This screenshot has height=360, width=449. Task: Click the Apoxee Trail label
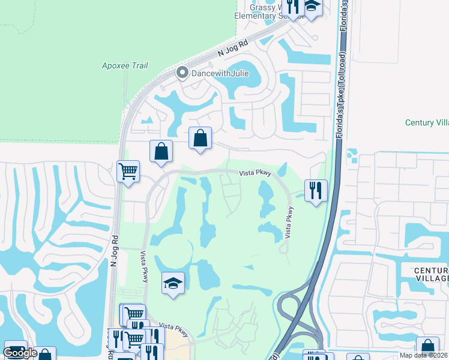point(125,65)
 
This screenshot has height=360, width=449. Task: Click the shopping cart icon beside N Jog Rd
point(128,172)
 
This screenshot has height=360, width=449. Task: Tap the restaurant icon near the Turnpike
point(316,191)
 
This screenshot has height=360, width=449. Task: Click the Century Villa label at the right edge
point(427,122)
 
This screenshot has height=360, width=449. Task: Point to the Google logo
point(20,353)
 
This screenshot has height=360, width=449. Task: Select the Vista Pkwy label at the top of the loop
point(256,173)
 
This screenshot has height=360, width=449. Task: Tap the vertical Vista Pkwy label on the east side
point(289,223)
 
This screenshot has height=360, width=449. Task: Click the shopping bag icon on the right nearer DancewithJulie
point(200,138)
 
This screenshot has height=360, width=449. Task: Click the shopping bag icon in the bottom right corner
point(427,347)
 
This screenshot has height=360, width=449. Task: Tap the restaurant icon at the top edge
point(294,6)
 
